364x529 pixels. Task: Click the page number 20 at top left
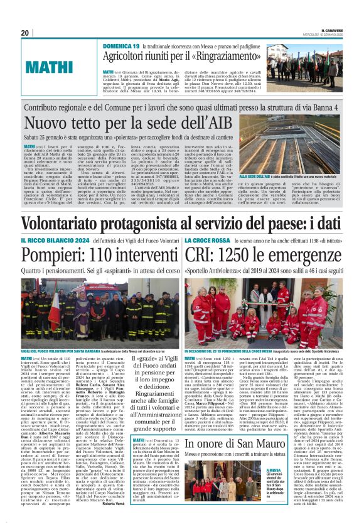point(25,33)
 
